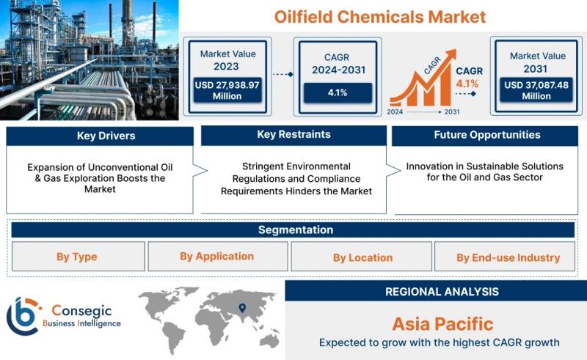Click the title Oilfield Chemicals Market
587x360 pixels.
pos(380,17)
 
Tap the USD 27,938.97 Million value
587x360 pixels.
pos(227,90)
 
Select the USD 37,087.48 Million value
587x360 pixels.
pos(536,90)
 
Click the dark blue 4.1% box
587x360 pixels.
pos(338,92)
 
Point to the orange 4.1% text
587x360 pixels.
pos(467,84)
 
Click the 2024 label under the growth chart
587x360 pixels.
pos(395,111)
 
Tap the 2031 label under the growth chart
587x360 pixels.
pos(452,111)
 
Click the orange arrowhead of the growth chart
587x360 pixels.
pos(451,55)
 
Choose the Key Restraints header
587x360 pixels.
pos(294,135)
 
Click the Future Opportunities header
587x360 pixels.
pos(485,135)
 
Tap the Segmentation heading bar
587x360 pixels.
pos(293,229)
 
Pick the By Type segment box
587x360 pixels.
pos(79,257)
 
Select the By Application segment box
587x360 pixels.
pos(218,257)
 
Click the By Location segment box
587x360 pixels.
pos(362,257)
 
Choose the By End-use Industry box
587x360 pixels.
pos(505,257)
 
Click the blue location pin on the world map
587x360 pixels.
pos(242,308)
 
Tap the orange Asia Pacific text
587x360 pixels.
pos(442,324)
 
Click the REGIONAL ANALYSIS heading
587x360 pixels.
pos(442,292)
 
